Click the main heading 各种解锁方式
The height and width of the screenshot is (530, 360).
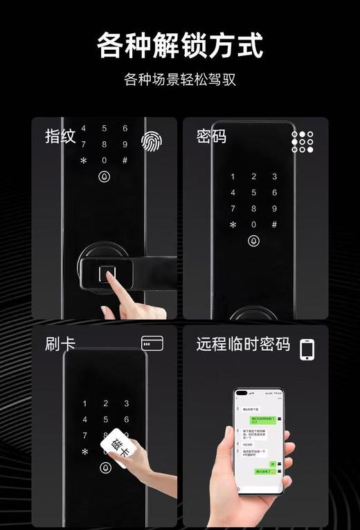(179, 46)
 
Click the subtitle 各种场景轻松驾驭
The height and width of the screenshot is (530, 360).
(179, 80)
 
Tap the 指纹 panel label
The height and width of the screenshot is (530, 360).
(60, 136)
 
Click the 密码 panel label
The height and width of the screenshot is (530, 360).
(211, 136)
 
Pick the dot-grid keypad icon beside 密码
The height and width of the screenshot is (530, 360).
(302, 141)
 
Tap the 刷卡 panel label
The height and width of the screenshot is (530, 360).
(60, 344)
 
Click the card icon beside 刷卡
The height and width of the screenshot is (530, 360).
(152, 343)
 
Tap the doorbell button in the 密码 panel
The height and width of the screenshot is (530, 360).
(253, 241)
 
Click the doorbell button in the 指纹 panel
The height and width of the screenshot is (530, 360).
(105, 176)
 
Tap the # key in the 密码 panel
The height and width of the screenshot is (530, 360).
(274, 224)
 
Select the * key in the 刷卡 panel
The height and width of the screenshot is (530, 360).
(84, 452)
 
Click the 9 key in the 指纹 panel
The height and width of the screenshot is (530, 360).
(125, 144)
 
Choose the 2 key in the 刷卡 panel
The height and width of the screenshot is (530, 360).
(105, 403)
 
